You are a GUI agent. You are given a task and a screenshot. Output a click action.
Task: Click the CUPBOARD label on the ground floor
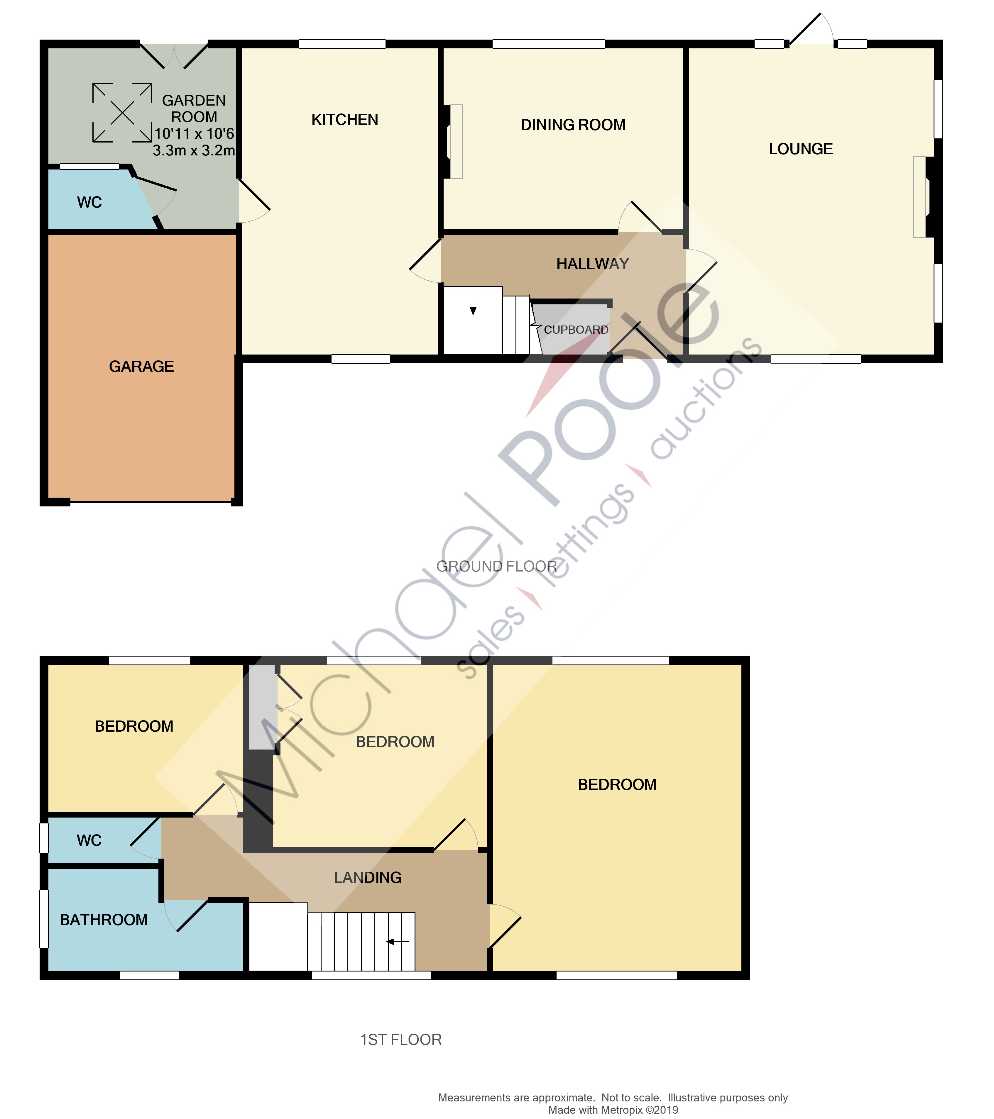coord(576,330)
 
